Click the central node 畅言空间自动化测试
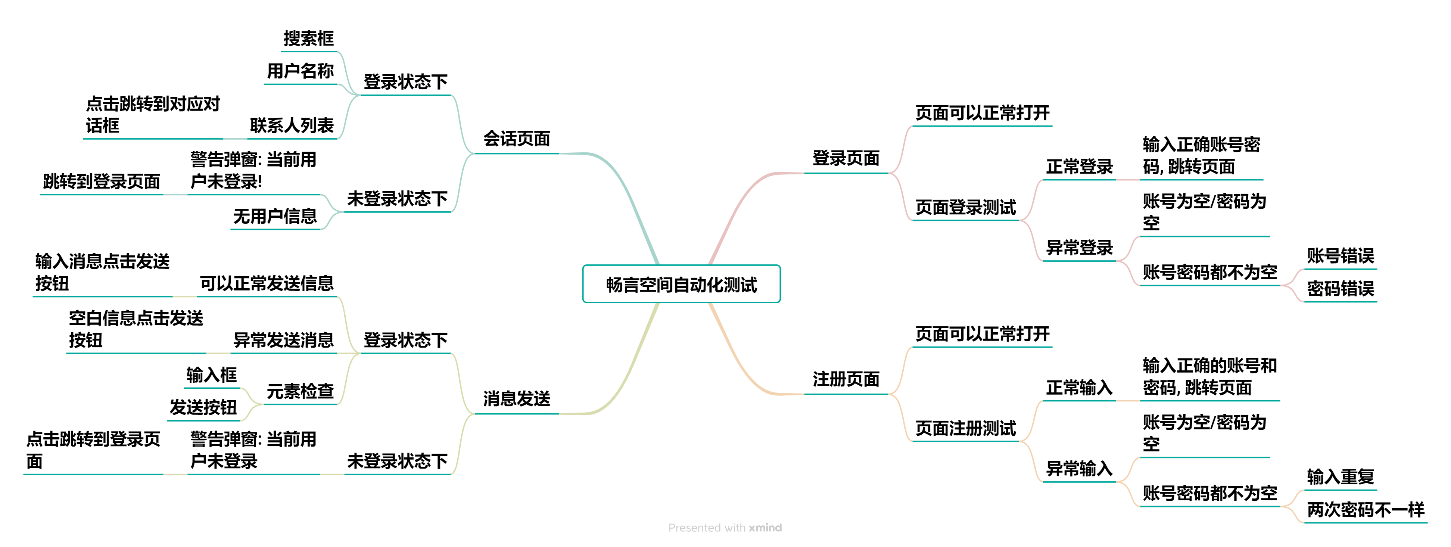click(x=681, y=285)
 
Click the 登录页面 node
click(x=846, y=158)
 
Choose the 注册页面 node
click(x=846, y=379)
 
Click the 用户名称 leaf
click(x=300, y=71)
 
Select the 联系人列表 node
click(x=292, y=125)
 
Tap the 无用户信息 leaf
click(x=275, y=216)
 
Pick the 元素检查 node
click(x=300, y=391)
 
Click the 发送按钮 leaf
click(x=203, y=407)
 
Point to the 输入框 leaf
click(x=211, y=374)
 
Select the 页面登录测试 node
click(x=965, y=207)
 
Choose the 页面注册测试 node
click(x=965, y=428)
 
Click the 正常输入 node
click(x=1079, y=388)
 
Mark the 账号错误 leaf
click(x=1340, y=256)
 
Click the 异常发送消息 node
click(x=283, y=340)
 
